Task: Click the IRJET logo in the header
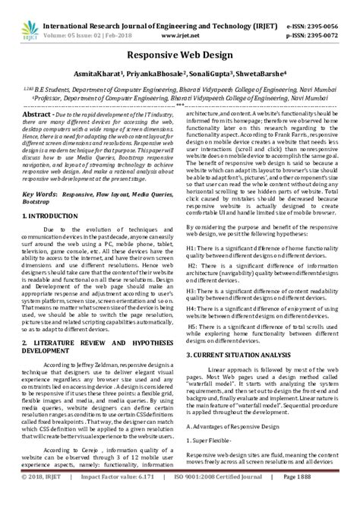(30, 17)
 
